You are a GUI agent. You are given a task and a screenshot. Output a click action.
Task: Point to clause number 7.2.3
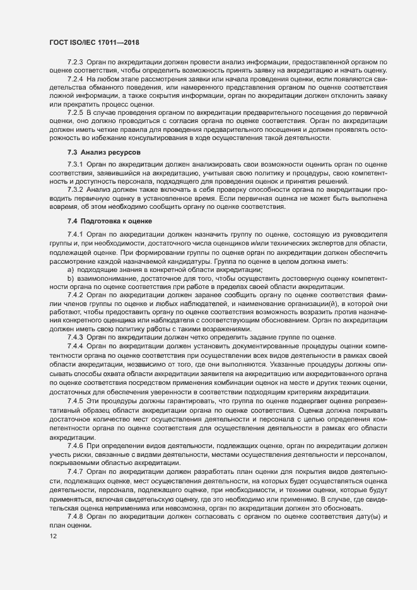click(76, 63)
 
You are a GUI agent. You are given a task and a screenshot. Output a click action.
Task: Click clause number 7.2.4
click(76, 80)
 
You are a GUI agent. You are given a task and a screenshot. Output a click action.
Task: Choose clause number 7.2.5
click(76, 112)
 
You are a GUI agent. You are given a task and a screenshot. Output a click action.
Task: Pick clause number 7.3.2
click(76, 189)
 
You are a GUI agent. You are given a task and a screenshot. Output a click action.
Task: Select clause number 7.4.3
click(76, 338)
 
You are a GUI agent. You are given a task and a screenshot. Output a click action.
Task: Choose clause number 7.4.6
click(76, 445)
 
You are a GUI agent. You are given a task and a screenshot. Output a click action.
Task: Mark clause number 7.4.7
click(76, 471)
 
